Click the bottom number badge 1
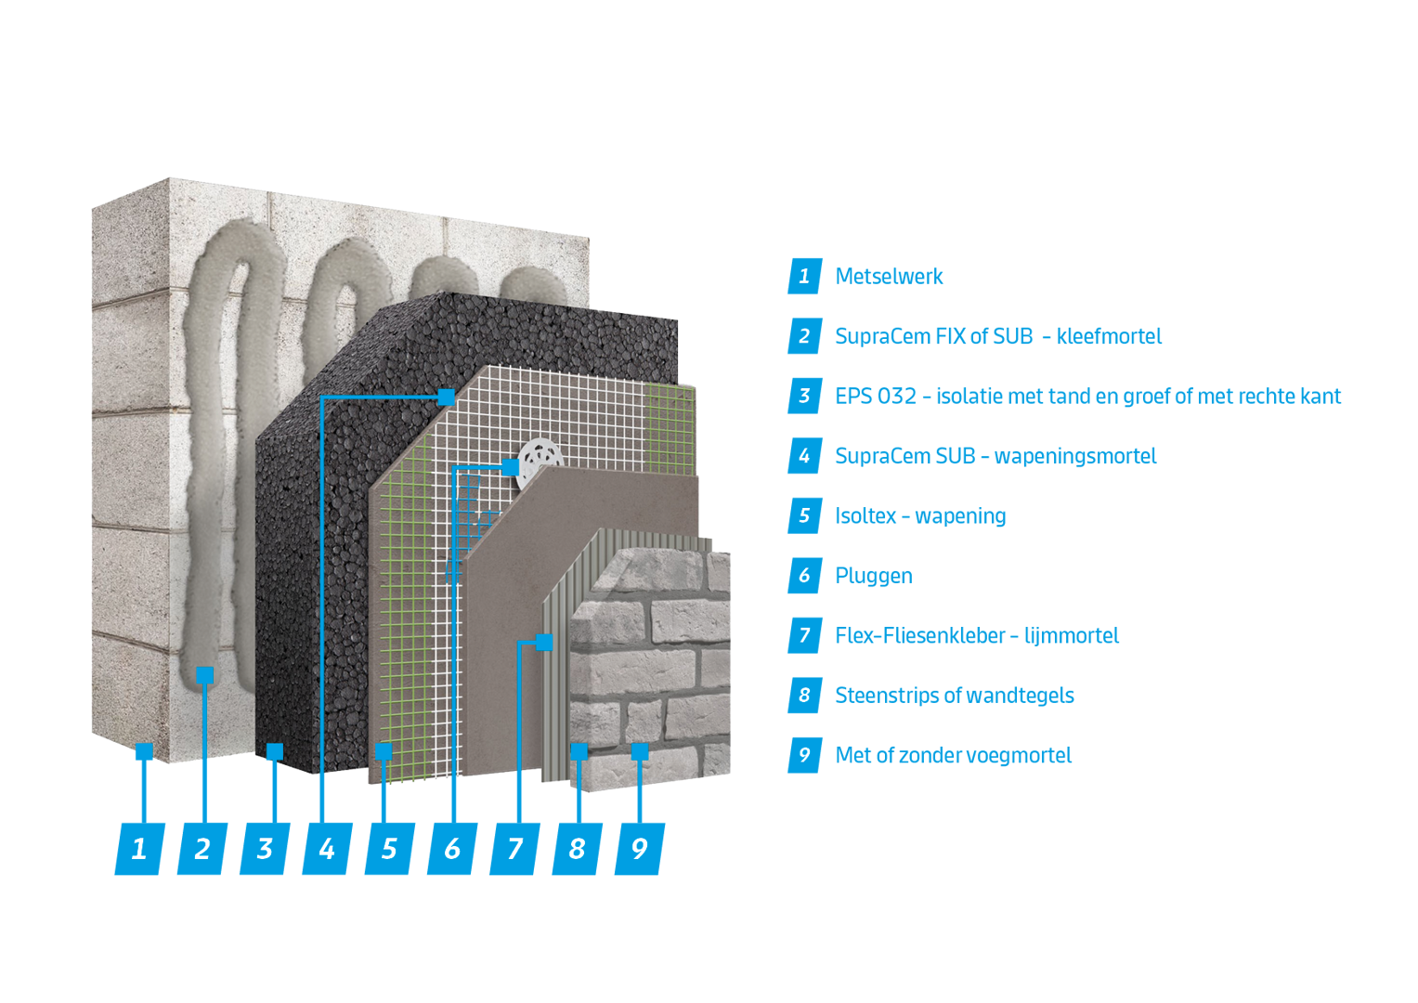[139, 848]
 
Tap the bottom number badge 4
[327, 848]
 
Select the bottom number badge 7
[514, 848]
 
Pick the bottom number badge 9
[640, 848]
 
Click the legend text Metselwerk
[889, 276]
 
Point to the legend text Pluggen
[873, 576]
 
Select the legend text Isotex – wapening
[919, 515]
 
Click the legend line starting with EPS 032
[1087, 397]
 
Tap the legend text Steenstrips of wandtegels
[954, 695]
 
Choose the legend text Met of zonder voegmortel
[953, 755]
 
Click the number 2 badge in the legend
[804, 336]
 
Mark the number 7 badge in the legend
[804, 635]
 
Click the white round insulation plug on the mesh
[542, 459]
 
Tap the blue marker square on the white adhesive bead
[205, 675]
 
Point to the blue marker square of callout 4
[446, 397]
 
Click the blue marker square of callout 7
[544, 642]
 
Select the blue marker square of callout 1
[143, 751]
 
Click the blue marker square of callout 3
[274, 750]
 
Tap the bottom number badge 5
[389, 848]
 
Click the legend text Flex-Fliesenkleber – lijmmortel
[976, 635]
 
